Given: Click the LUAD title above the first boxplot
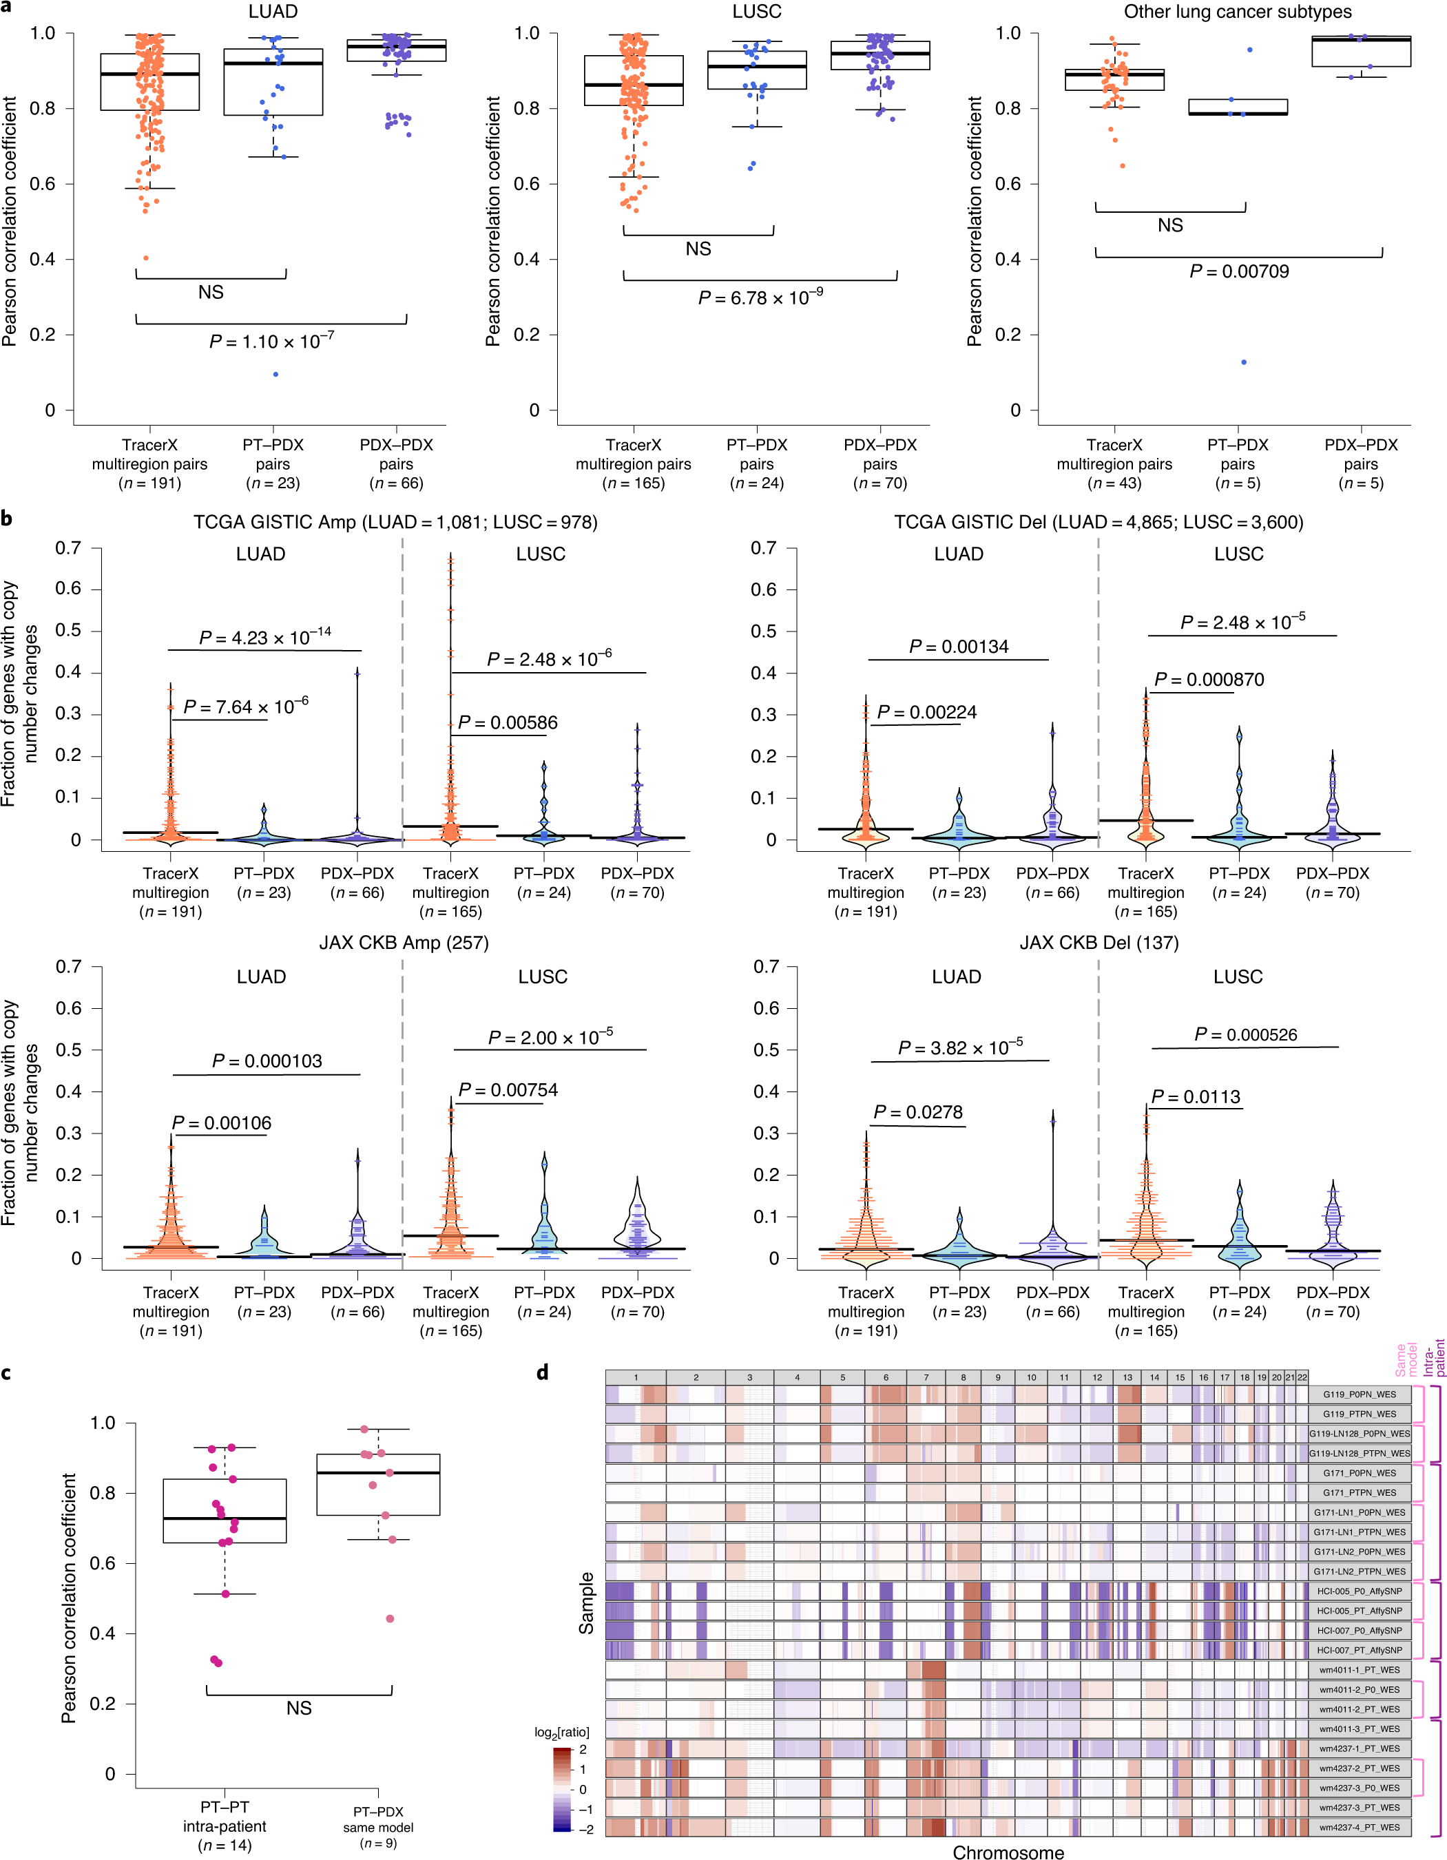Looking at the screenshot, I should coord(273,12).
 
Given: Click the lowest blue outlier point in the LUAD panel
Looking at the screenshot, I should coord(275,375).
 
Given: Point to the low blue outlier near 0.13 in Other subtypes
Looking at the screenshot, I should coord(1243,363).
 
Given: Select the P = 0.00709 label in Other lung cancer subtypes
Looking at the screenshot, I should coord(1238,272).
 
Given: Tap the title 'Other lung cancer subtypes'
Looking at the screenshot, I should coord(1237,12).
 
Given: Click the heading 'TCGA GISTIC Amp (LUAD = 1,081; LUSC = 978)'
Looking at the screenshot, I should coord(395,522).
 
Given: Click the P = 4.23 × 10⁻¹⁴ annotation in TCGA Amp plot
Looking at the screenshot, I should coord(265,637).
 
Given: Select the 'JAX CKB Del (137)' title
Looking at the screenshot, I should coord(1099,943).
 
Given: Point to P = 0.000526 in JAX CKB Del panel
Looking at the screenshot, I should coord(1245,1035).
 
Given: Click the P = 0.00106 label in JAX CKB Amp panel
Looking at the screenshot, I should coord(222,1123).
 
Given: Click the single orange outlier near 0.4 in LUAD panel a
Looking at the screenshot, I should coord(145,258).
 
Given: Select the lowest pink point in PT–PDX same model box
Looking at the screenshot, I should coord(390,1619).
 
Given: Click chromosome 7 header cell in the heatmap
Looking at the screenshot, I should coord(926,1377).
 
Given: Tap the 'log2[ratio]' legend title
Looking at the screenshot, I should coord(561,1732).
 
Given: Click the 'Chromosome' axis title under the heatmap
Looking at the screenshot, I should coord(1008,1852).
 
